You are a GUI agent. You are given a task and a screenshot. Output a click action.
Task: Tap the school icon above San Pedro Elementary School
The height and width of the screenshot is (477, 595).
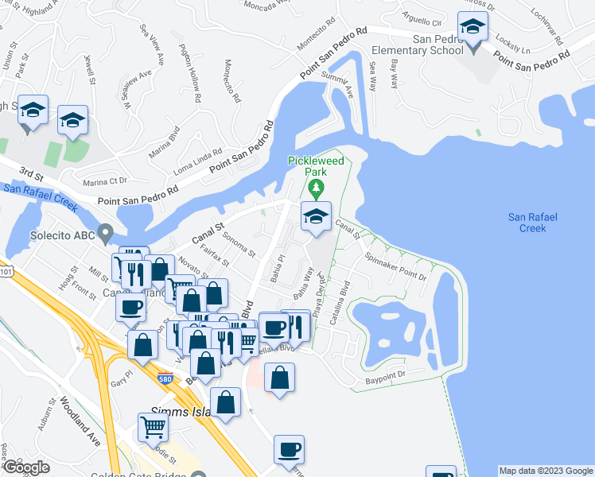(473, 29)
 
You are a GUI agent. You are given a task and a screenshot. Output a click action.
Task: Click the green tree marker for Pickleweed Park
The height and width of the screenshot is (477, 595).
(317, 188)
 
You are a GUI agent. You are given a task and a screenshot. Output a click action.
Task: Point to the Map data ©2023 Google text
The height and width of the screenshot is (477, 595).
(545, 471)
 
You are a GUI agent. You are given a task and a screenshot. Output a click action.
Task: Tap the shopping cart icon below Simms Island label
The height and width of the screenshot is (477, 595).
(152, 427)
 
